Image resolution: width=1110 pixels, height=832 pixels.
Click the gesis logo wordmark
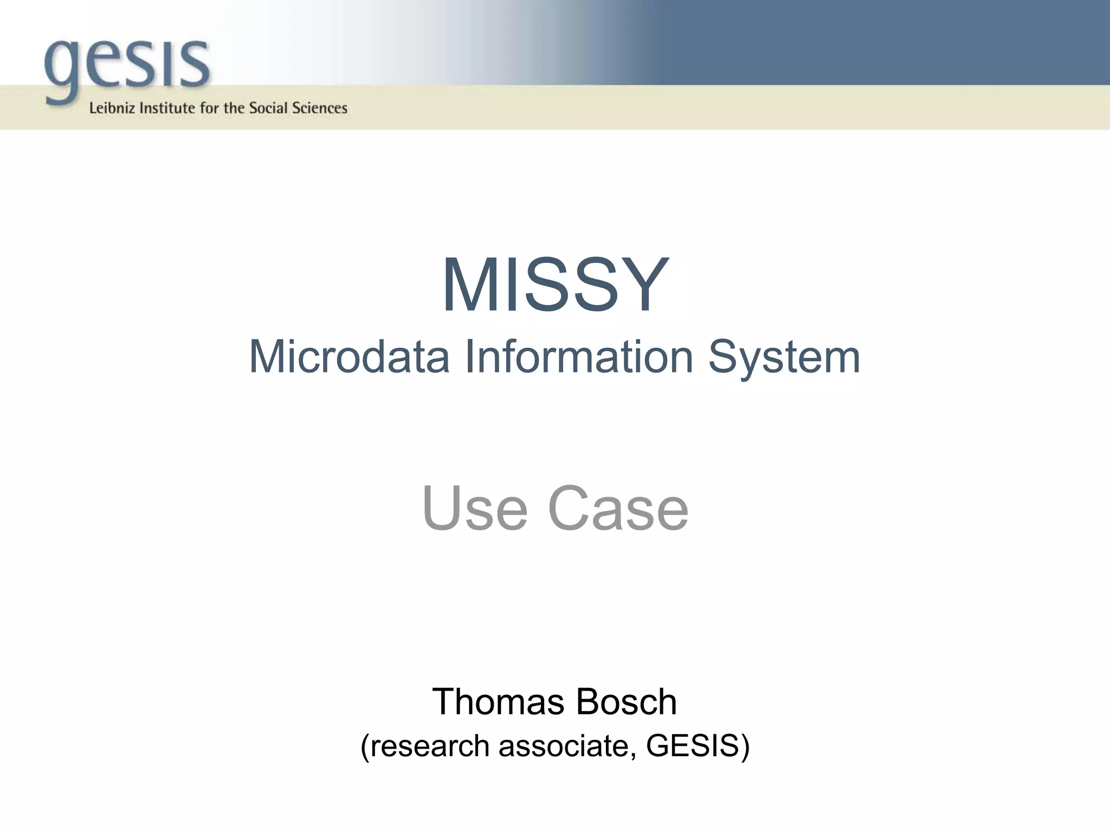[x=127, y=65]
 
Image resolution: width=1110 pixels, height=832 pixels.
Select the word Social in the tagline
[x=268, y=108]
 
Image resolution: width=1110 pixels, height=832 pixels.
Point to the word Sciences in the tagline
[x=320, y=108]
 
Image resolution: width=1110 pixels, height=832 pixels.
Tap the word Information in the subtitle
[x=579, y=357]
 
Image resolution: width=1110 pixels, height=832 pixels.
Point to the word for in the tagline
[x=209, y=108]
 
